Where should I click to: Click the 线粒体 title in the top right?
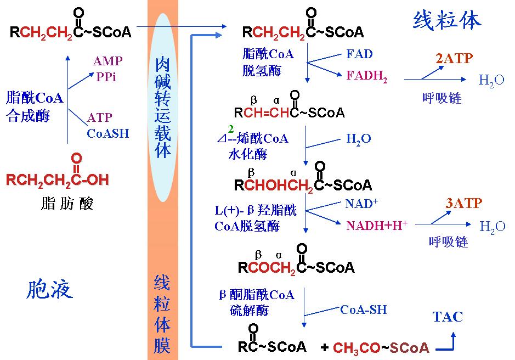(x=446, y=20)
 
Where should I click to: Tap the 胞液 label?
(x=49, y=289)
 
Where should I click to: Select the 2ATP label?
(x=454, y=58)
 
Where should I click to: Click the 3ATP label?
(x=463, y=203)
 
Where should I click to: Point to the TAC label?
(x=448, y=317)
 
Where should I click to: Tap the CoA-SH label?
(x=363, y=310)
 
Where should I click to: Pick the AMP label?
(x=107, y=61)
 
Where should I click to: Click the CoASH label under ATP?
(x=108, y=133)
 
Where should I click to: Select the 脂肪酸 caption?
(x=67, y=204)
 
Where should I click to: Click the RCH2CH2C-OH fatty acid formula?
(x=58, y=179)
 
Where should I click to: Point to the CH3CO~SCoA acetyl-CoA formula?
(x=381, y=347)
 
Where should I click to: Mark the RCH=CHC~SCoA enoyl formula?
(x=289, y=113)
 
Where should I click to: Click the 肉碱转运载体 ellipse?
(x=163, y=107)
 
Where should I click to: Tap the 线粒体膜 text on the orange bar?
(x=162, y=314)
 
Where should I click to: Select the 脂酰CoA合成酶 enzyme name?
(x=34, y=107)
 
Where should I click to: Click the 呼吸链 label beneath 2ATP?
(x=442, y=98)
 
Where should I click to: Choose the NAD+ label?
(x=361, y=204)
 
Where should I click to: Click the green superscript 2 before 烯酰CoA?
(x=231, y=129)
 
